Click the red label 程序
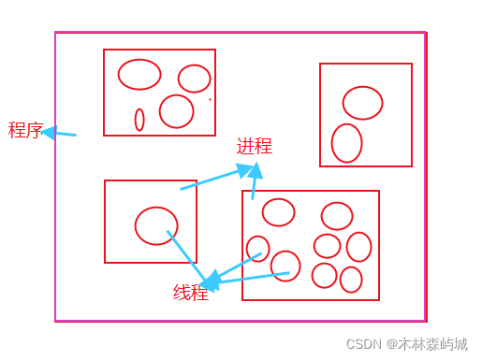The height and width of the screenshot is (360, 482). (x=26, y=130)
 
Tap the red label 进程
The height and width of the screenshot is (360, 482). (x=254, y=146)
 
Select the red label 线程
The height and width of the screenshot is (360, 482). (x=191, y=293)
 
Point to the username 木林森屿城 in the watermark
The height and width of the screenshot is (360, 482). (x=432, y=344)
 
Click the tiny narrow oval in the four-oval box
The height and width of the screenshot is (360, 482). (x=139, y=120)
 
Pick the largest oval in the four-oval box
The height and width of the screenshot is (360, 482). (x=139, y=74)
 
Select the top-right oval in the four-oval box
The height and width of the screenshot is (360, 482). (x=195, y=79)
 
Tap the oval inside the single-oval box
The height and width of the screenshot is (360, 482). (x=156, y=225)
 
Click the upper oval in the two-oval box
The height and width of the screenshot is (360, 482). (x=362, y=103)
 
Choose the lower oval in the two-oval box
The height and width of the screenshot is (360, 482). (x=346, y=143)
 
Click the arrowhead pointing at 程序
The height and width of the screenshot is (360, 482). (x=50, y=132)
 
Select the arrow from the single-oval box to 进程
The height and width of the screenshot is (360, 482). (x=215, y=179)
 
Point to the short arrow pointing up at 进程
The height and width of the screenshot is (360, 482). (x=254, y=181)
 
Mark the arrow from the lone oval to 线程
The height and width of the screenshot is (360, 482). (x=186, y=256)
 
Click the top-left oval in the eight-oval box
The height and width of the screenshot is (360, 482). (x=278, y=212)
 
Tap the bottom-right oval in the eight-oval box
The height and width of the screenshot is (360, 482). (x=351, y=280)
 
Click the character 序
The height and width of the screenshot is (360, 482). (x=35, y=130)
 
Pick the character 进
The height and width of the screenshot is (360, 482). (x=245, y=146)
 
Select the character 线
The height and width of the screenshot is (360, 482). (x=183, y=293)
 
